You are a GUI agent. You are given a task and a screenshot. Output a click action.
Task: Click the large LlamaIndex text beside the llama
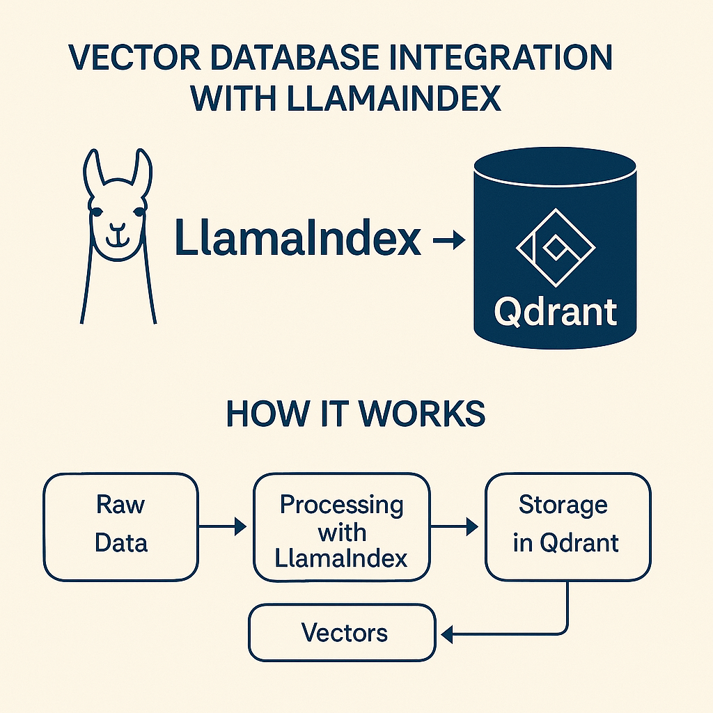pos(298,239)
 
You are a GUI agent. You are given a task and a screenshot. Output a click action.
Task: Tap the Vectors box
pos(342,632)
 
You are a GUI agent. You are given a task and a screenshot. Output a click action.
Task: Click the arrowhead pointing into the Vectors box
pos(447,634)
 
